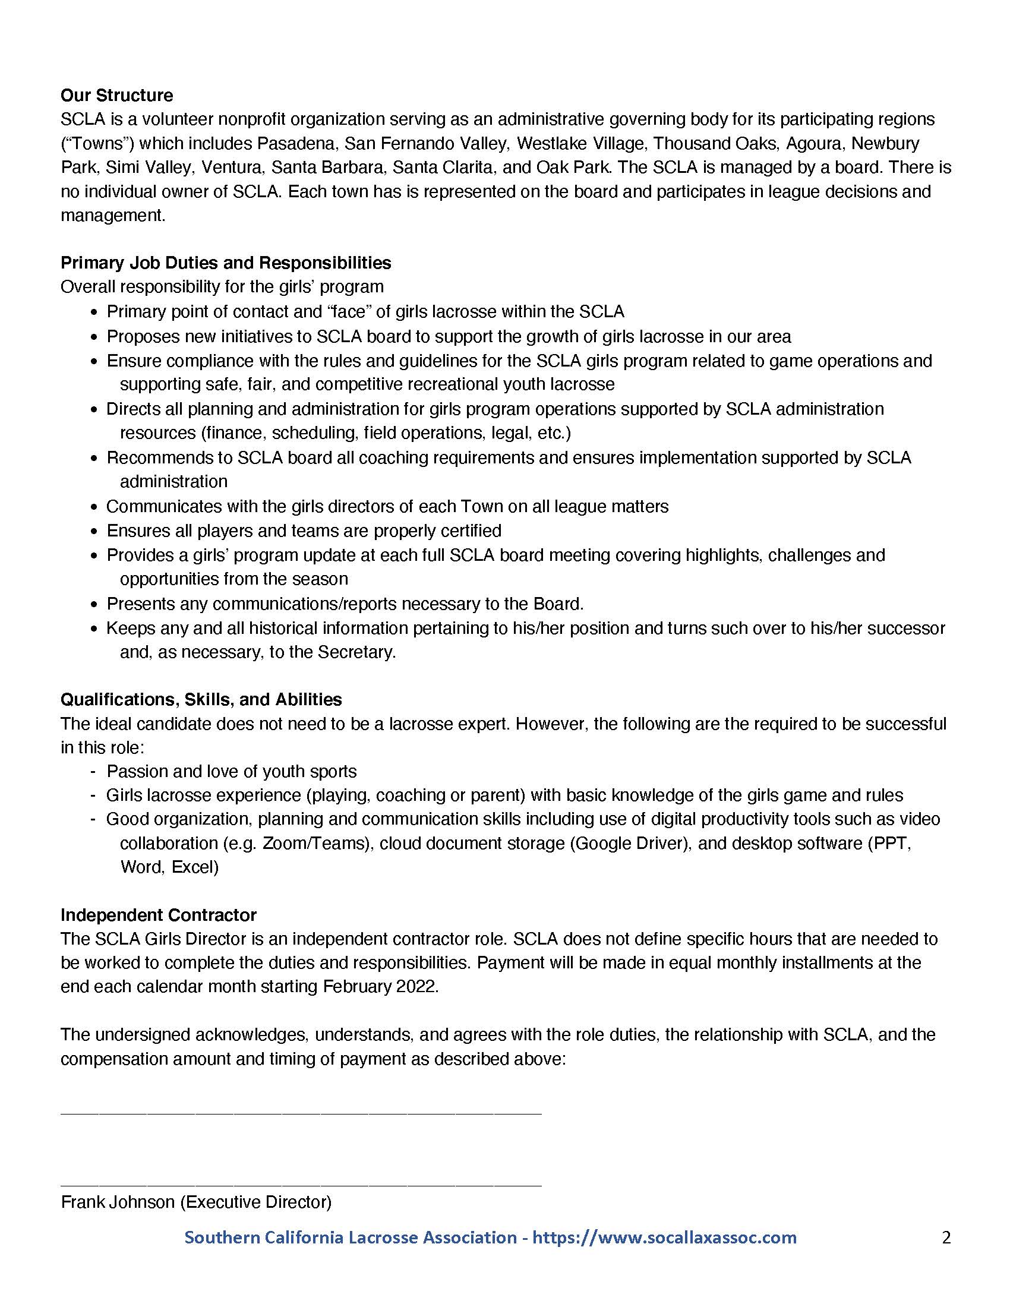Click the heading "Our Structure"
116,96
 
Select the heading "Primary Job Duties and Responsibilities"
226,263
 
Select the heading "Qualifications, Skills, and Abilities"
201,699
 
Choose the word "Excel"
194,867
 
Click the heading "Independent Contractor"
159,915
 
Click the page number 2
946,1237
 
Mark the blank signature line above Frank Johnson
301,1184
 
